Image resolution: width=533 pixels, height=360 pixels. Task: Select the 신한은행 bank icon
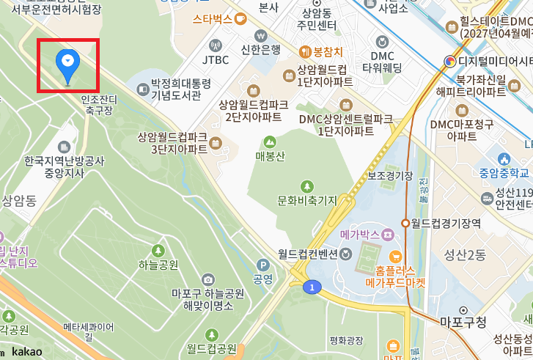pos(261,35)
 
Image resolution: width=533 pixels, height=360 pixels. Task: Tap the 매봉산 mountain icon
pos(270,142)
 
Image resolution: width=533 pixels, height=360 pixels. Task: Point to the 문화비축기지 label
pos(306,200)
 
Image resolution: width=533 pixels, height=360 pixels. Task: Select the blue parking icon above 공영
pos(262,265)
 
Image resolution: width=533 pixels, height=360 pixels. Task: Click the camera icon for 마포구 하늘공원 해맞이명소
pos(209,279)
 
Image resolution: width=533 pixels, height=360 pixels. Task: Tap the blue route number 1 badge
pos(312,287)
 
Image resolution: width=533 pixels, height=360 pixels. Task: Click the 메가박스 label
pos(360,235)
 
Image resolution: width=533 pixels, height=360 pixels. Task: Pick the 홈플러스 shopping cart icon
pos(395,256)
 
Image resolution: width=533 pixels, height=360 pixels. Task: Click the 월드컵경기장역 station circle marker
pos(405,223)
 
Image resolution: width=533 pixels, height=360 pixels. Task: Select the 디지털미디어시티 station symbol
pos(448,62)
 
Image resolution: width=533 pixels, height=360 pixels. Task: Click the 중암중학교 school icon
pos(504,159)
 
